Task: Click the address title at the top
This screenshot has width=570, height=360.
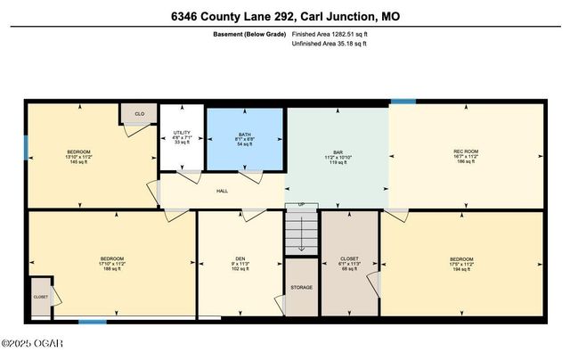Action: [x=285, y=15]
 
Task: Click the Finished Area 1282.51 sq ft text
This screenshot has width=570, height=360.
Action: [x=330, y=34]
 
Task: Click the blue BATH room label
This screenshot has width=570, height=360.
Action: [x=244, y=138]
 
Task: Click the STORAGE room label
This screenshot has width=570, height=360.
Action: [x=301, y=288]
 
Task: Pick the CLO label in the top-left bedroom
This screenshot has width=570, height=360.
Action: [x=139, y=114]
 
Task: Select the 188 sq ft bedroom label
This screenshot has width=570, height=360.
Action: [x=111, y=263]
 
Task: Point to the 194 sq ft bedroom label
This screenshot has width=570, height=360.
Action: [x=461, y=263]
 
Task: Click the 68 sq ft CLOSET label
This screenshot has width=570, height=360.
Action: [x=349, y=263]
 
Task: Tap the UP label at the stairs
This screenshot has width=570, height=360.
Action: [x=301, y=205]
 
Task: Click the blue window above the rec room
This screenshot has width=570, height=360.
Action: [x=403, y=101]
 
